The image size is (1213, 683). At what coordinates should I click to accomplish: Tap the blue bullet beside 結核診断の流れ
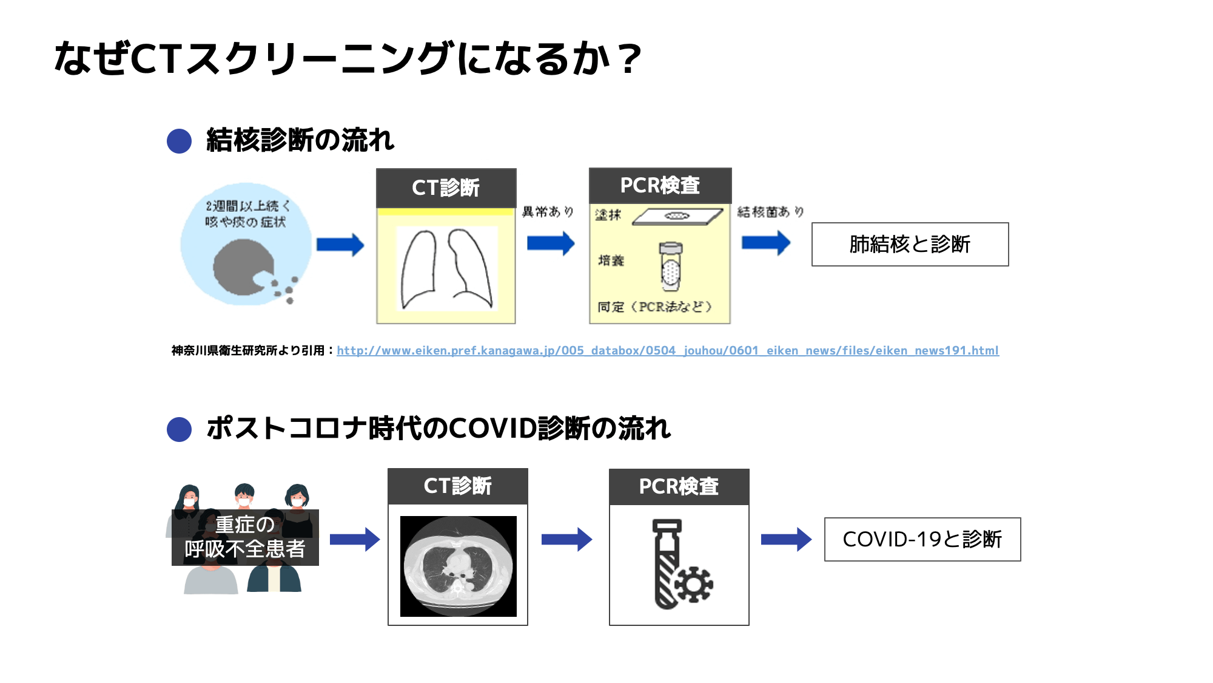click(179, 141)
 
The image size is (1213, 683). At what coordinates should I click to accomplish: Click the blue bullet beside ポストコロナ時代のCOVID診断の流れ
click(179, 429)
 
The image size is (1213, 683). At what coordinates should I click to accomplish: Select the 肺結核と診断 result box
click(910, 244)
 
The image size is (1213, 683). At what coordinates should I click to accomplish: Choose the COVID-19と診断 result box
click(922, 539)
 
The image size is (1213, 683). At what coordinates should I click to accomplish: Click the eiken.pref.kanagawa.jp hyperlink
click(667, 350)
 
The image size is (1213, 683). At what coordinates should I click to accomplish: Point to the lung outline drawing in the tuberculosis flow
click(446, 268)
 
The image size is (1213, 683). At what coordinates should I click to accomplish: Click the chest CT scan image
click(458, 566)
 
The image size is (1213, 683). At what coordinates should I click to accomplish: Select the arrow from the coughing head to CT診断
click(340, 245)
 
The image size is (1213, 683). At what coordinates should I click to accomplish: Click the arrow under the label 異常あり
click(551, 243)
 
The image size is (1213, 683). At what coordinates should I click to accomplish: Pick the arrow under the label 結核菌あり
click(766, 243)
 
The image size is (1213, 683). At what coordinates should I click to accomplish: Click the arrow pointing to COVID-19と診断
click(786, 539)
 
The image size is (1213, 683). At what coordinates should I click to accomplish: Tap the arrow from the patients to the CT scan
click(355, 539)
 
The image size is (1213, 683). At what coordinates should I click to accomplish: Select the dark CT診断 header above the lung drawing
click(446, 188)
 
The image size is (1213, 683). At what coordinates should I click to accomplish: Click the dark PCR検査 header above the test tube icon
click(679, 486)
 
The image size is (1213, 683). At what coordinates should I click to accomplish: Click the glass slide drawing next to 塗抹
click(677, 216)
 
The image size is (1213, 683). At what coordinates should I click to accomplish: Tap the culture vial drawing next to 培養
click(671, 266)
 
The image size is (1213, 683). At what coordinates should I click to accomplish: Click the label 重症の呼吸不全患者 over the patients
click(245, 537)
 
